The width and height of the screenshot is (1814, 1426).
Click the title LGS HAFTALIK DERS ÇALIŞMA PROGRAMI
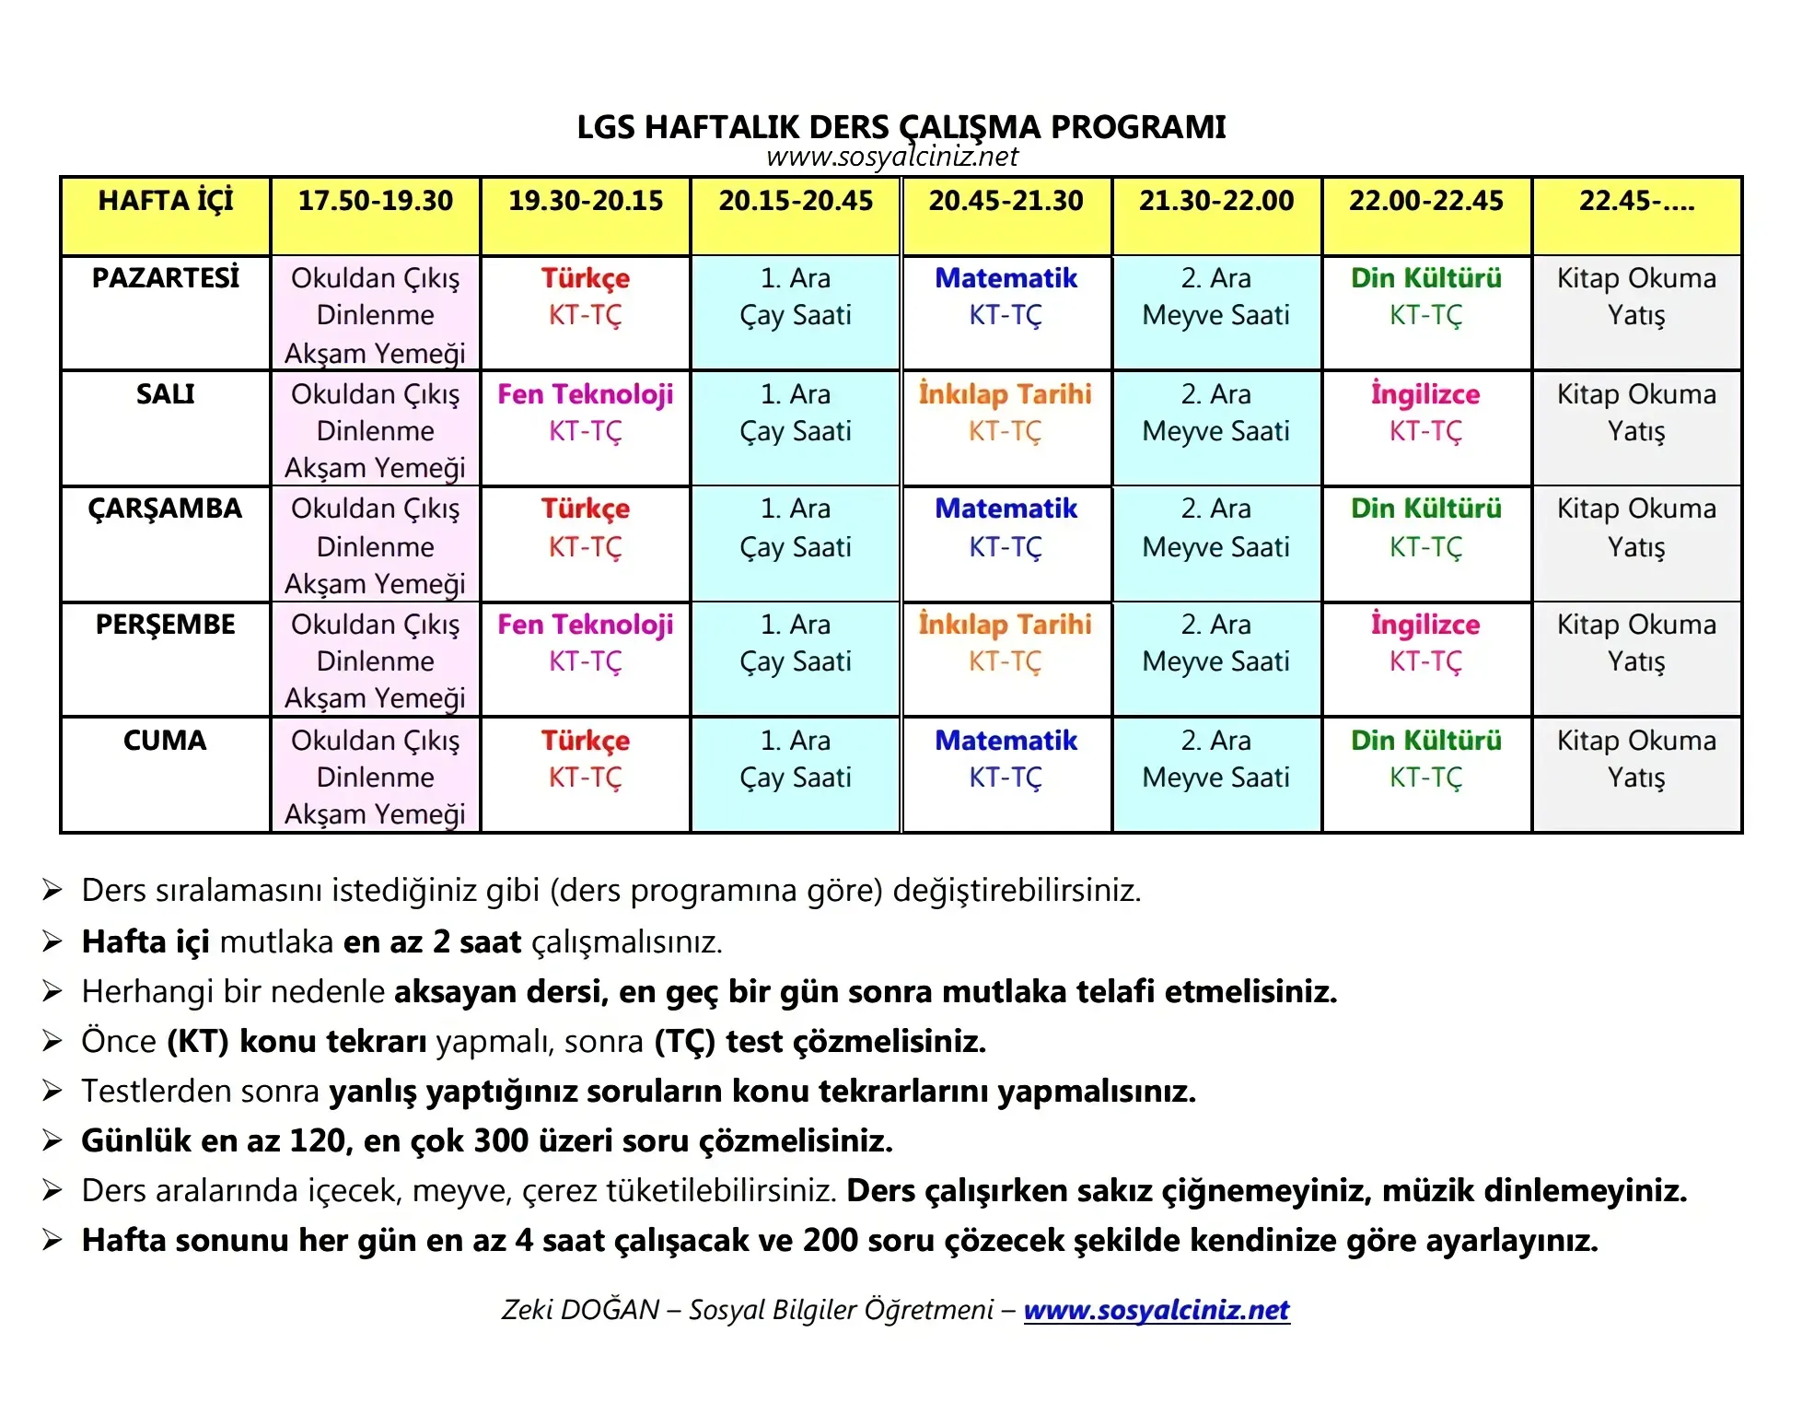901,126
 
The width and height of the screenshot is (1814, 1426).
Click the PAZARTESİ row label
166,278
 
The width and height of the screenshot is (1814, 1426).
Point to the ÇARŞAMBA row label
166,508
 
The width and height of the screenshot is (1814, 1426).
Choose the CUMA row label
166,741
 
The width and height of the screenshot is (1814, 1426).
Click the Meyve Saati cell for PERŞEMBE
1215,661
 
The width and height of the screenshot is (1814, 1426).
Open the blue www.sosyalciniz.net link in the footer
1157,1309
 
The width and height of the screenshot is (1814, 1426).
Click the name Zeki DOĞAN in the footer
580,1309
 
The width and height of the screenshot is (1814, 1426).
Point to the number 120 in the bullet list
318,1140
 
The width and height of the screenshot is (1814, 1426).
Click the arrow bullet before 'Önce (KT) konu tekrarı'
52,1041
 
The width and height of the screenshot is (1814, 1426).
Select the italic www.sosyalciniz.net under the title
891,157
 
